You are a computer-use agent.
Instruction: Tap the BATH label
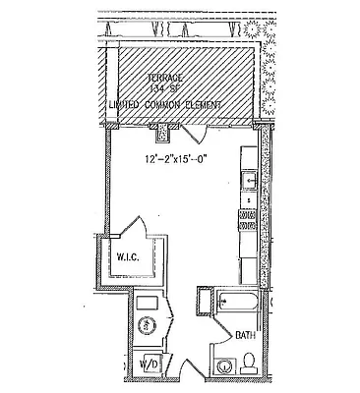244,335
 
